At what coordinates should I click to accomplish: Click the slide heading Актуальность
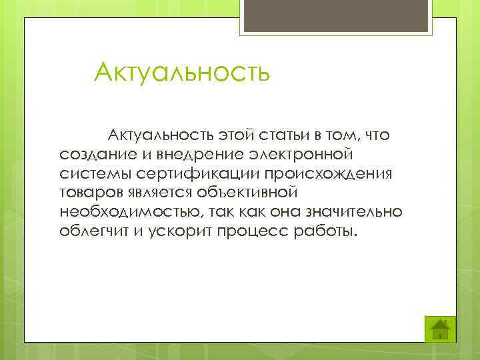(182, 72)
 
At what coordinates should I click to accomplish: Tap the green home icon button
(439, 328)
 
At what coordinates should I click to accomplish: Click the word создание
(93, 155)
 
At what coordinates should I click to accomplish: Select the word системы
(90, 174)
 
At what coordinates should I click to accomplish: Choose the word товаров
(89, 193)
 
